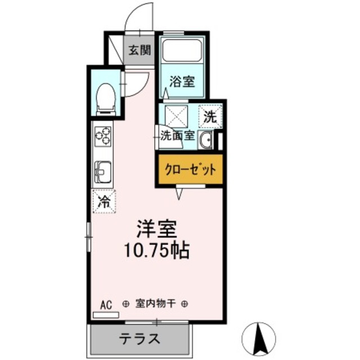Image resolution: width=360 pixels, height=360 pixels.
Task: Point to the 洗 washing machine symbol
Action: coord(209,118)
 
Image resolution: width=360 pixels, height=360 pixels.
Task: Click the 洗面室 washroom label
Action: coord(178,135)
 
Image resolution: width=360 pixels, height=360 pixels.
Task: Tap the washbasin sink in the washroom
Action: coord(205,141)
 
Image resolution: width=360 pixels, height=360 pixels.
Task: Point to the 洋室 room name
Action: coord(156,228)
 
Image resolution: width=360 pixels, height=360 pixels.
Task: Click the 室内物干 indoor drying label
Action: coord(156,304)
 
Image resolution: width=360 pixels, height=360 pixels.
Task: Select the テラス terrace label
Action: coord(139,339)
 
